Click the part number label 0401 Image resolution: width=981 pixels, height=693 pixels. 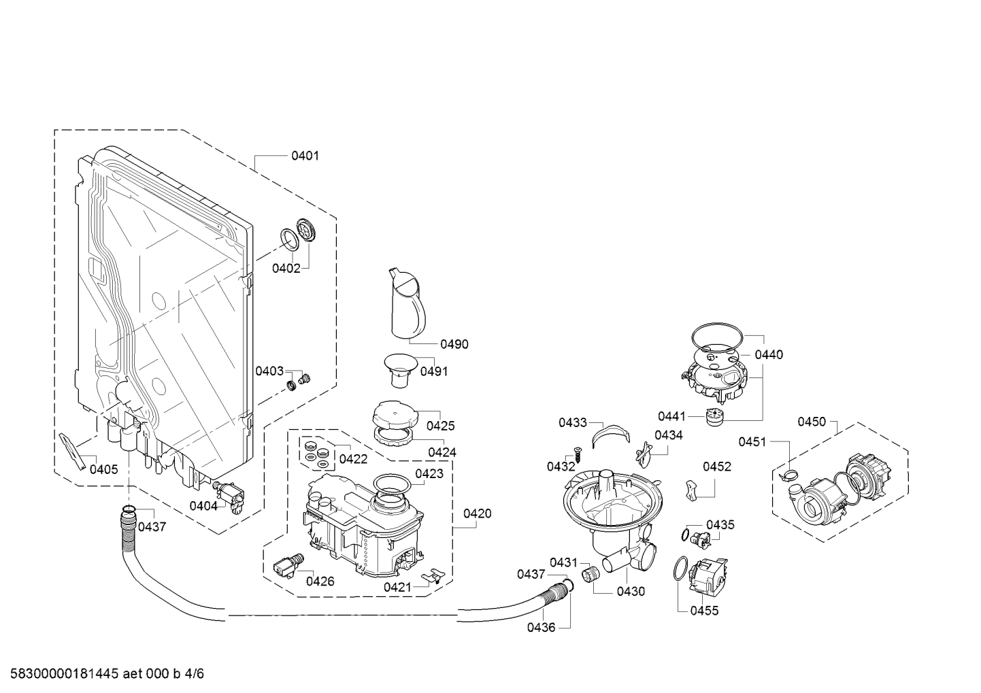click(x=305, y=156)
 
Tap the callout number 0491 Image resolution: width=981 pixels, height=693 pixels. click(x=433, y=371)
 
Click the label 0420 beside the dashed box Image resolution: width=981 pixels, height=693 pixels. click(x=477, y=513)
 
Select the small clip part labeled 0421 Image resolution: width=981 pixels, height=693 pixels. click(x=430, y=577)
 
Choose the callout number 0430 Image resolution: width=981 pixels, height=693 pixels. click(x=630, y=592)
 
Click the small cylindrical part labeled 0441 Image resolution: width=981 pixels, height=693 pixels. click(x=714, y=417)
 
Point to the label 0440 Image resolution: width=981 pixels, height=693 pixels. click(x=769, y=354)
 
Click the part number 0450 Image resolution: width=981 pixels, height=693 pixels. click(x=811, y=422)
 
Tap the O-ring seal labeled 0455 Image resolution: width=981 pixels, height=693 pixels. click(x=679, y=569)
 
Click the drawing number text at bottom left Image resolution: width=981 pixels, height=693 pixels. click(x=103, y=674)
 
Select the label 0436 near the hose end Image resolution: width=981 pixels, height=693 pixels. click(x=541, y=627)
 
